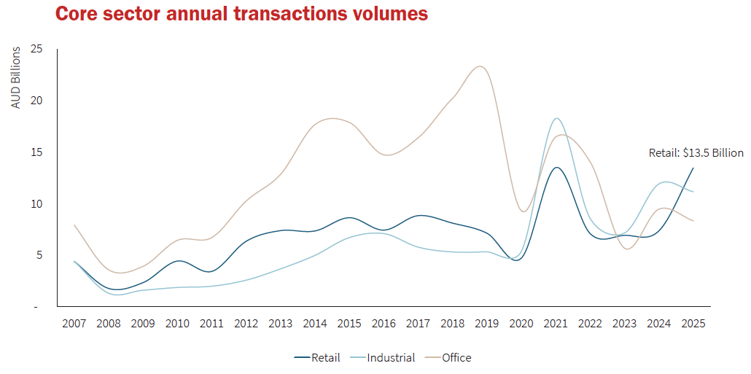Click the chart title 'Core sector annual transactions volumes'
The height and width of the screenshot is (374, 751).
pyautogui.click(x=241, y=14)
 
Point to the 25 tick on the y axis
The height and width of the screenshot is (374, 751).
pyautogui.click(x=36, y=49)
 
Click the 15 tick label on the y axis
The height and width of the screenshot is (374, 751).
pyautogui.click(x=36, y=152)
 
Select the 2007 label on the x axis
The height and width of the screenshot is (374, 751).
pyautogui.click(x=74, y=323)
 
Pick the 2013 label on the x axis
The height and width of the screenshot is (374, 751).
pyautogui.click(x=281, y=323)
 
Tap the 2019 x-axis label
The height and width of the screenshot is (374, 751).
pyautogui.click(x=486, y=323)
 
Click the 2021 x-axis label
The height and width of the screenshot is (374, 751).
pyautogui.click(x=556, y=323)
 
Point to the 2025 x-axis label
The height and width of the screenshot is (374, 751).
pyautogui.click(x=693, y=323)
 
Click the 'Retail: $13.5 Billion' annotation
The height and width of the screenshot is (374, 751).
pyautogui.click(x=696, y=153)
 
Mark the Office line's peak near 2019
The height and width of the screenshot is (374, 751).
pyautogui.click(x=479, y=66)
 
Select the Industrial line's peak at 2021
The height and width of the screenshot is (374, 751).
pyautogui.click(x=556, y=118)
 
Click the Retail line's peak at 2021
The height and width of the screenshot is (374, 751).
pyautogui.click(x=556, y=168)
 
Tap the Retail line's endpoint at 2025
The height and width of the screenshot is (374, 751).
pyautogui.click(x=693, y=168)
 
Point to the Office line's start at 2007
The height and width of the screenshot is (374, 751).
pyautogui.click(x=74, y=225)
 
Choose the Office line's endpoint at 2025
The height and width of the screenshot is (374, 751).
pyautogui.click(x=693, y=220)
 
